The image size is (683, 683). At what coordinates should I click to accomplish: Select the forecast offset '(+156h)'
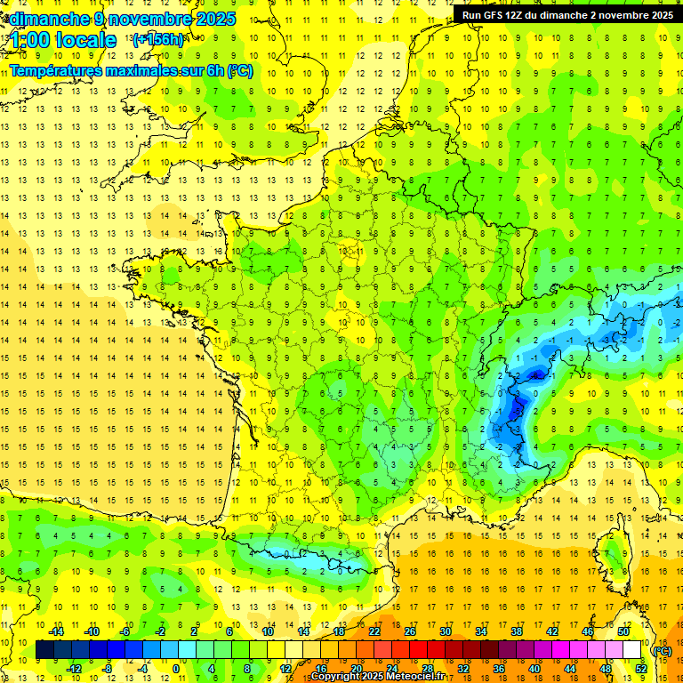tap(158, 39)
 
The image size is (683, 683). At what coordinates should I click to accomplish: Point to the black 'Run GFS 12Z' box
tap(566, 14)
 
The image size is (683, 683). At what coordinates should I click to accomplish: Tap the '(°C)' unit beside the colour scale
tap(662, 650)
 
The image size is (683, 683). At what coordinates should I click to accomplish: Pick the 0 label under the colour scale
tap(175, 669)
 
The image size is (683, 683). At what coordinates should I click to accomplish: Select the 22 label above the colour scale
tap(374, 631)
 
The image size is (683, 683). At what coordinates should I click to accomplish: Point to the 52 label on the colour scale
tap(641, 669)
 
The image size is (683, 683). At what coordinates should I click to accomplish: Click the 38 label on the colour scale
tap(516, 631)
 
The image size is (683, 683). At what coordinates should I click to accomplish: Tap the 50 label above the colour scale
tap(623, 631)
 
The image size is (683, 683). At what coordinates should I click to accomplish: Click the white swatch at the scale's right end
tap(632, 650)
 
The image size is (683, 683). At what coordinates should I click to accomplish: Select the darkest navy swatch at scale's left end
tap(44, 650)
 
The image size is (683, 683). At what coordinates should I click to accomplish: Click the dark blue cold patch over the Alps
tap(514, 414)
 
